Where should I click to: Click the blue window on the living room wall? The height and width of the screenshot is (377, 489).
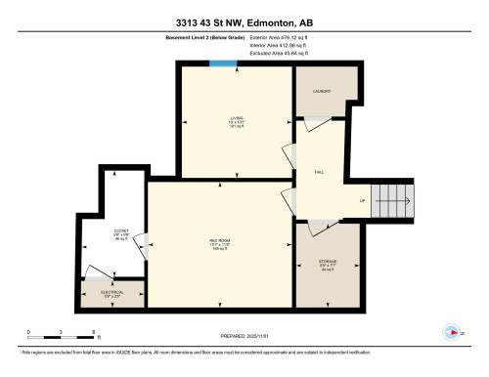(x=224, y=65)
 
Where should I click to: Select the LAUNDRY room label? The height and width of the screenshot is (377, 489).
(x=322, y=92)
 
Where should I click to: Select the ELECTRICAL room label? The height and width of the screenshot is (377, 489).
(x=111, y=291)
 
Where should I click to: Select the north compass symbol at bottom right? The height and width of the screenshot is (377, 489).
(x=451, y=330)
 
